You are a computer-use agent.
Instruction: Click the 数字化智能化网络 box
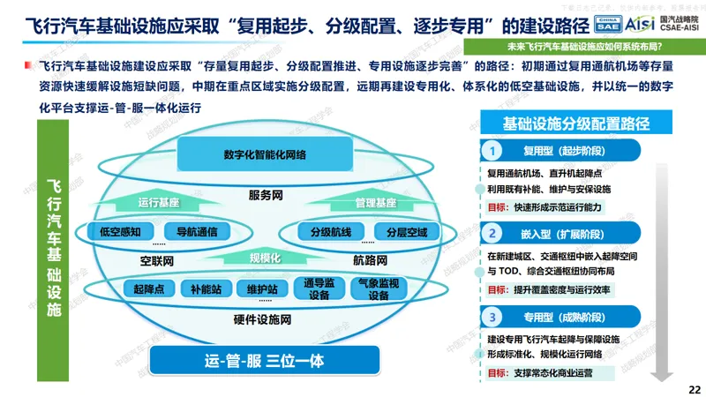pyautogui.click(x=265, y=154)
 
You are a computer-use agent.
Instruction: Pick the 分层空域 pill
pyautogui.click(x=406, y=233)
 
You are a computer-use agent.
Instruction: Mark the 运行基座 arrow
pyautogui.click(x=159, y=202)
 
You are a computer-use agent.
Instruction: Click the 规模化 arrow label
pyautogui.click(x=265, y=258)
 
